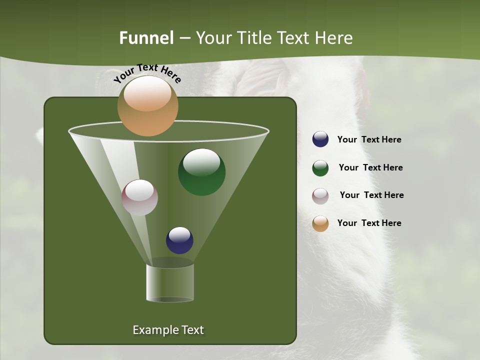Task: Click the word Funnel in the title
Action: (x=146, y=38)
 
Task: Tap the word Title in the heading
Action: (x=253, y=38)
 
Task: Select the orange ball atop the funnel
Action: (x=148, y=106)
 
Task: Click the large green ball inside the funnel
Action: (x=201, y=172)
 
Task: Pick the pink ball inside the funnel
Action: (x=139, y=197)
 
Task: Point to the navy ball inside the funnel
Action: (x=179, y=240)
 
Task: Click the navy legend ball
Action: (x=320, y=139)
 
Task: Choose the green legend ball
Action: (x=320, y=168)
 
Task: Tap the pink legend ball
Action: (x=320, y=196)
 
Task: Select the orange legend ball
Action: (x=320, y=223)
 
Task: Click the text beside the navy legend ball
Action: (x=369, y=140)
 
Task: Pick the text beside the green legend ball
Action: (x=370, y=168)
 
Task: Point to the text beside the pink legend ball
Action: (x=371, y=195)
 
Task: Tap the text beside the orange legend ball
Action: (x=369, y=223)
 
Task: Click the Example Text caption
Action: (x=168, y=330)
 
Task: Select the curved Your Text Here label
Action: (x=147, y=72)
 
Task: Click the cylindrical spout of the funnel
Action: (x=170, y=283)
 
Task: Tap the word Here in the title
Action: (x=334, y=38)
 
